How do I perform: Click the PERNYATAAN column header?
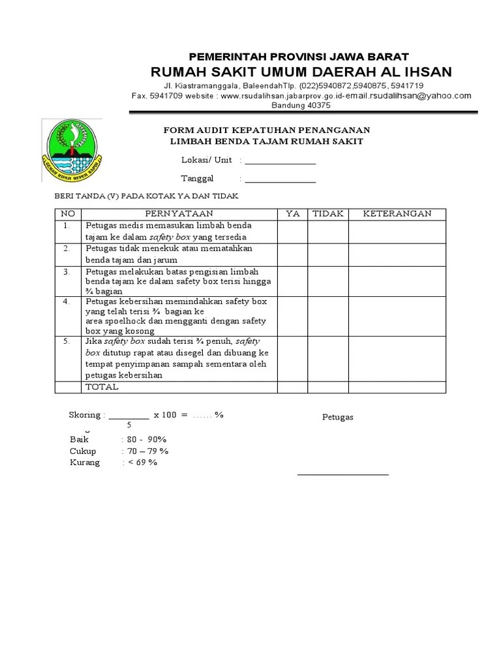point(178,214)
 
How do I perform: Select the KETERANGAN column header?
point(397,214)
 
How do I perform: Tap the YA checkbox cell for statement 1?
point(293,232)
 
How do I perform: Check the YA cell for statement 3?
point(293,281)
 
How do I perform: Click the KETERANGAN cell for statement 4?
point(397,316)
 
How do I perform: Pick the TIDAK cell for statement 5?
point(328,358)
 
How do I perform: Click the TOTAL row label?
point(102,387)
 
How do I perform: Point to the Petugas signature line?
point(342,474)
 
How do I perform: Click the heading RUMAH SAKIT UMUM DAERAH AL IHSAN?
point(301,71)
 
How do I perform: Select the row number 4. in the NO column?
point(67,301)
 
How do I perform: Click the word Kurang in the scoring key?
point(85,463)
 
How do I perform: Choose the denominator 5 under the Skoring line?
point(129,425)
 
